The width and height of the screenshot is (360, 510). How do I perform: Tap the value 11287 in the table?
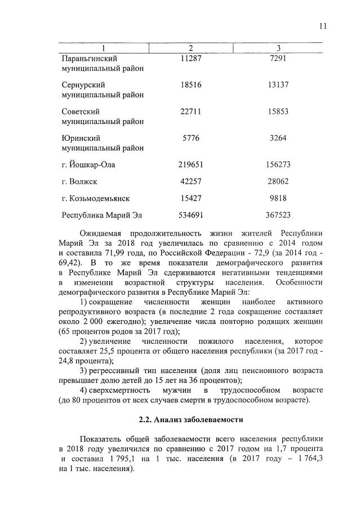(191, 58)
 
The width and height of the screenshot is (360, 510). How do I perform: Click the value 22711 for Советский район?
(191, 112)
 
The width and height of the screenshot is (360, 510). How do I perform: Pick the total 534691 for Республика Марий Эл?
(191, 215)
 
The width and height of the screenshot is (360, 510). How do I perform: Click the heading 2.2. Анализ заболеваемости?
(191, 420)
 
